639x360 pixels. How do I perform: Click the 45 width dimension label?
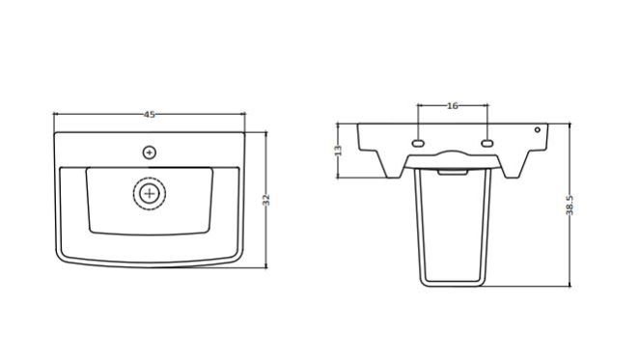click(x=150, y=115)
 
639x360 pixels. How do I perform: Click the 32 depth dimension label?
click(x=266, y=200)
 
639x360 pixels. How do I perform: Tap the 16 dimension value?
click(x=453, y=106)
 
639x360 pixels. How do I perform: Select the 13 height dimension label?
click(x=338, y=151)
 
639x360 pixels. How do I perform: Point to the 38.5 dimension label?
click(x=570, y=205)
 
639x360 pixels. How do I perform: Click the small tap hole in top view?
click(x=150, y=152)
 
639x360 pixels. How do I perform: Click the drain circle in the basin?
click(x=150, y=194)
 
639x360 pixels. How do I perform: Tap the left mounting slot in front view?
click(x=418, y=144)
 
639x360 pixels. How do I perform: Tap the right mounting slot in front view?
click(x=487, y=144)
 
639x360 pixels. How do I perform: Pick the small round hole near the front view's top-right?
click(x=538, y=130)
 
